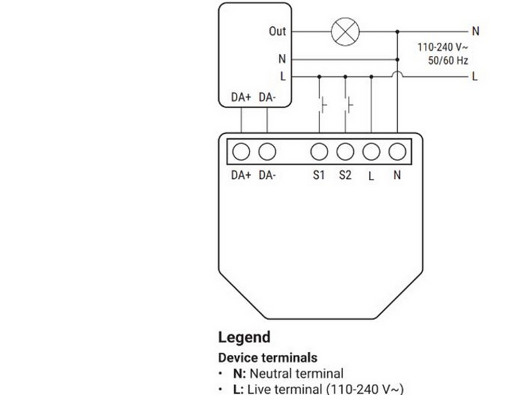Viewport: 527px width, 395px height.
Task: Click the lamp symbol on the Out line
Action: pos(345,32)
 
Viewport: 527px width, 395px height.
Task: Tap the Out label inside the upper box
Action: pos(277,31)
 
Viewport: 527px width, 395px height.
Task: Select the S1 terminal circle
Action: pos(319,151)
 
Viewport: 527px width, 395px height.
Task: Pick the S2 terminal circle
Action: pos(345,151)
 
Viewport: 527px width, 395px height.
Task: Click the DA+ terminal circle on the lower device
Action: pos(241,151)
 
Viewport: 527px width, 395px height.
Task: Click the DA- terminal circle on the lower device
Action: pos(267,151)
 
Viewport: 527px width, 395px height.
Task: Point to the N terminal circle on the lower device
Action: pos(397,151)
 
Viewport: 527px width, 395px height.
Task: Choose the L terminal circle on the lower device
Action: pos(371,151)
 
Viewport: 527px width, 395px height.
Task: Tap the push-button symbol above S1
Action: pos(322,105)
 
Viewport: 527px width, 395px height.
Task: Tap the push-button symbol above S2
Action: pos(348,105)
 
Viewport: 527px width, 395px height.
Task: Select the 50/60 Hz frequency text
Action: pos(448,61)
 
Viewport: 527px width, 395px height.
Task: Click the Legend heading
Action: pos(244,337)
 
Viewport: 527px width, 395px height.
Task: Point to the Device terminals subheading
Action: pos(267,357)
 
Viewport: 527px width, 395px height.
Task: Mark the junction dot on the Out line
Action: pos(397,32)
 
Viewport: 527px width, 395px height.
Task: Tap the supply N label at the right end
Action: pos(475,31)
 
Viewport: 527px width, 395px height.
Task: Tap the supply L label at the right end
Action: pos(474,76)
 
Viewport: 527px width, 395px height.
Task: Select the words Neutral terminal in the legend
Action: pos(296,373)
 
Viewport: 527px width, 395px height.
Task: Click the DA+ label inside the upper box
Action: pos(241,97)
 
